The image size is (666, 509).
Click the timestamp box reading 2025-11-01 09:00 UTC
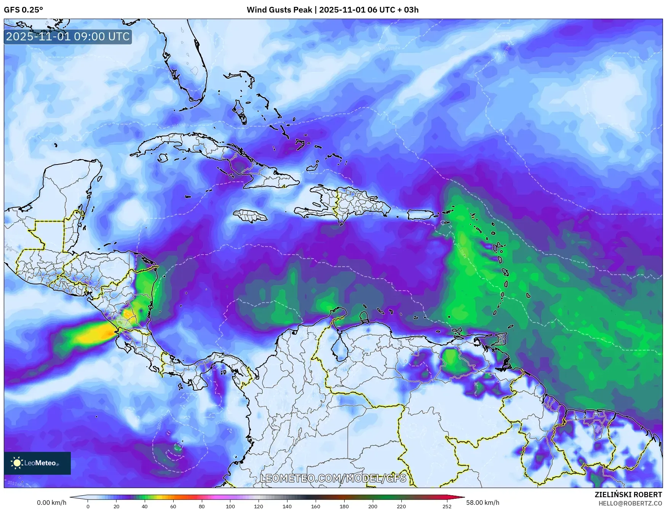[x=68, y=37]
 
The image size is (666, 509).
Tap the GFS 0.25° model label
[x=23, y=10]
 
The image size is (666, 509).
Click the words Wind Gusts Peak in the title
[x=279, y=10]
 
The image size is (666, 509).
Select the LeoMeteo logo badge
[x=37, y=463]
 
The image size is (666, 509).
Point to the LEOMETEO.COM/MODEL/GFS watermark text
[x=333, y=478]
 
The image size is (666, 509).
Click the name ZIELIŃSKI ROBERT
[x=628, y=495]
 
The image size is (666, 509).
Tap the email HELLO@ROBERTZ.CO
[x=630, y=503]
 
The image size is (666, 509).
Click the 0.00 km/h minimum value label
[x=51, y=503]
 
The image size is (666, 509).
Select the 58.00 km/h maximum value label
[x=482, y=503]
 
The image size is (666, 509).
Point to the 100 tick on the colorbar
[x=230, y=506]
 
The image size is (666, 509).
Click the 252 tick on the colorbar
[x=447, y=506]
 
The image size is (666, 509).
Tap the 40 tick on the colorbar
[x=145, y=506]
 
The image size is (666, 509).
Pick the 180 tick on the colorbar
[x=344, y=506]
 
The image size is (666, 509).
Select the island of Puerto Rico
[x=420, y=215]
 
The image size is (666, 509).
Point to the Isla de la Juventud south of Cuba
[x=163, y=158]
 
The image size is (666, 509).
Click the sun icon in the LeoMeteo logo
[x=17, y=463]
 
